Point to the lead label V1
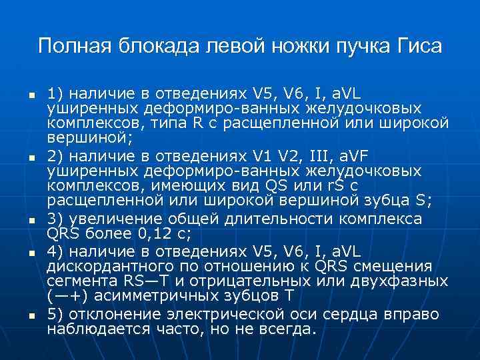pyautogui.click(x=263, y=157)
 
